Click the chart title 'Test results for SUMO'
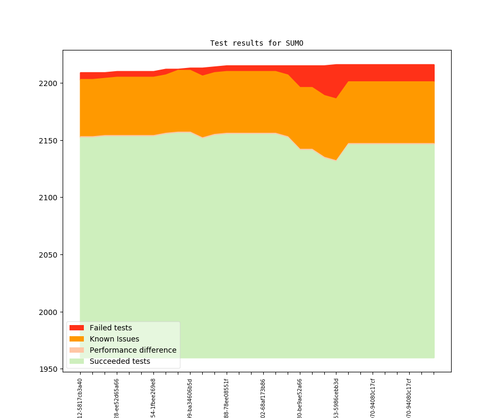[x=256, y=43]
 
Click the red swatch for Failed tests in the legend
[x=76, y=328]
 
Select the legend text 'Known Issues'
[x=114, y=339]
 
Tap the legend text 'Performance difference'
[x=133, y=350]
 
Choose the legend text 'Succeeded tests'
[x=119, y=361]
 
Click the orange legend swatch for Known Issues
[x=76, y=339]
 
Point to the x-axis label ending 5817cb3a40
[x=80, y=398]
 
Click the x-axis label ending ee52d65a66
[x=117, y=398]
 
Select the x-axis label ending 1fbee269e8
[x=153, y=398]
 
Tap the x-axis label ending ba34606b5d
[x=190, y=398]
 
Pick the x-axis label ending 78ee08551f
[x=227, y=398]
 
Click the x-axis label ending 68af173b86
[x=263, y=398]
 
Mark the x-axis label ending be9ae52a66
[x=300, y=398]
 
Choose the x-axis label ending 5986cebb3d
[x=336, y=398]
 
